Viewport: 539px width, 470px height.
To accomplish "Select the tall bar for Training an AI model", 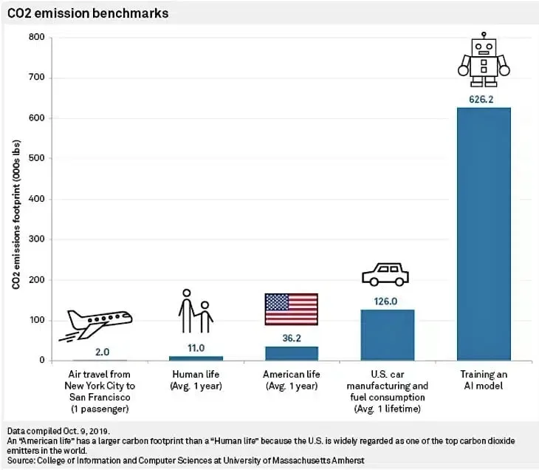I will point(483,234).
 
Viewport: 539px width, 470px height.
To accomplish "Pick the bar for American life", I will point(291,353).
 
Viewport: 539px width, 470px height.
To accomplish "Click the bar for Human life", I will point(196,358).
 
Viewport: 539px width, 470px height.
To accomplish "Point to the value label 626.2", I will point(483,98).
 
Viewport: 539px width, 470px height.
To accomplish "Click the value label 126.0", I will point(387,301).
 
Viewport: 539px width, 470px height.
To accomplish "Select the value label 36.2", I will point(291,337).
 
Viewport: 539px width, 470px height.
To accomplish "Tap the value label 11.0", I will point(196,347).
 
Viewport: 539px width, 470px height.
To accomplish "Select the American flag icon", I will point(291,309).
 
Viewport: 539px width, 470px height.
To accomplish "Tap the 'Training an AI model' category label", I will point(483,380).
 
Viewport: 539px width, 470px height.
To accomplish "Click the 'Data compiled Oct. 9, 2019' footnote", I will point(57,430).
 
